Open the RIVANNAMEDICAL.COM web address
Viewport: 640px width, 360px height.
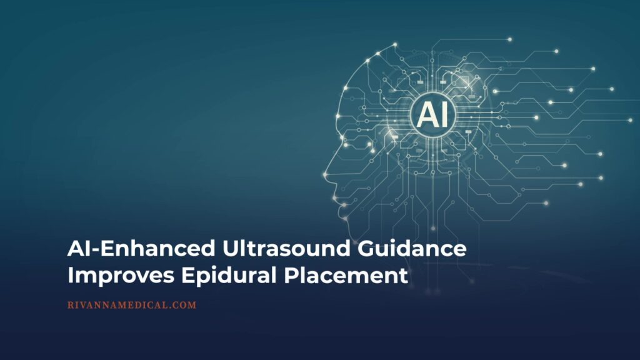pos(131,306)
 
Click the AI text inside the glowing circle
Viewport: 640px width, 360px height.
pos(431,114)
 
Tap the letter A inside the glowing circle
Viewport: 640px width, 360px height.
pos(425,114)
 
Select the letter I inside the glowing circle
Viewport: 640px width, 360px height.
pos(442,114)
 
